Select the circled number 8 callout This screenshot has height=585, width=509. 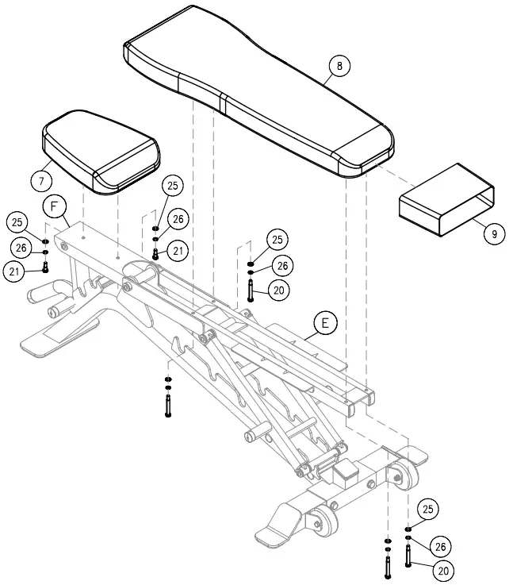(339, 67)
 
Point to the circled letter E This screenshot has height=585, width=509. (325, 323)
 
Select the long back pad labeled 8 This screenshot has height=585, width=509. (254, 87)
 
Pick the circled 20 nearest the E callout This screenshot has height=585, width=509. (277, 291)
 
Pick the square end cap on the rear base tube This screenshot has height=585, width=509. (346, 475)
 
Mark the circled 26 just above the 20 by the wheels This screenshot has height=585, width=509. (440, 545)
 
